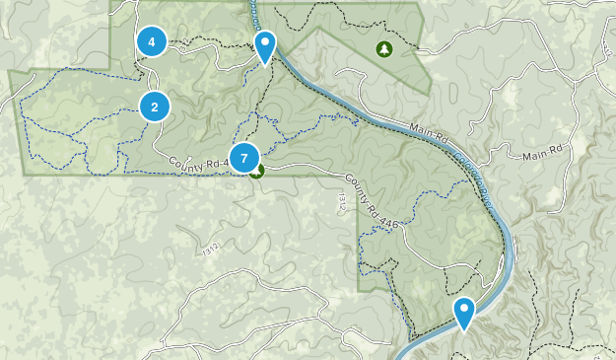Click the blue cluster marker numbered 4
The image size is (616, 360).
tap(151, 41)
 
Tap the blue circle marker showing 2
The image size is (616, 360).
tap(155, 106)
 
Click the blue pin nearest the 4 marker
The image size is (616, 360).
tap(265, 46)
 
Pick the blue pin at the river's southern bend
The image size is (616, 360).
tap(464, 314)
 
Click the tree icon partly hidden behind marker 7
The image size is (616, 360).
tap(257, 173)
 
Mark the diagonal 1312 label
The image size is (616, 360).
tap(210, 252)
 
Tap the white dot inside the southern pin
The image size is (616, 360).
tap(464, 310)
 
